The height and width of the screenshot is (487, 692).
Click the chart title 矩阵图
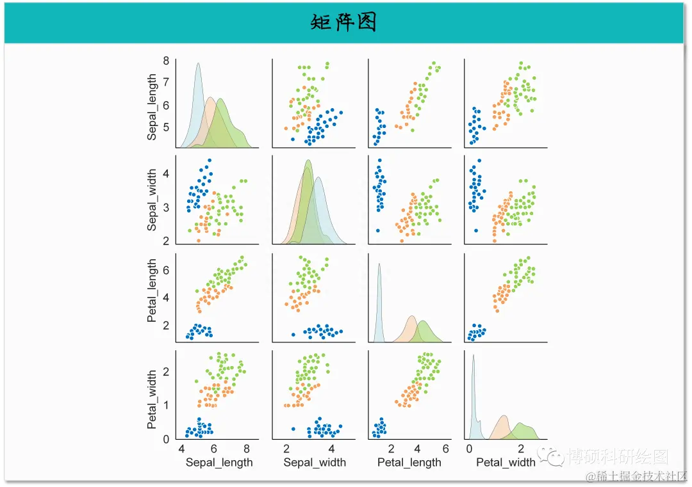click(343, 23)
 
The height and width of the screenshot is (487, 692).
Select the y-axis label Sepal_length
click(152, 107)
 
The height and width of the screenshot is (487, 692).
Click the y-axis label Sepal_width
click(152, 200)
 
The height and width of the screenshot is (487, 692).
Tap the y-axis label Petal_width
click(152, 399)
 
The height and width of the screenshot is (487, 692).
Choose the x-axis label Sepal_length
click(219, 462)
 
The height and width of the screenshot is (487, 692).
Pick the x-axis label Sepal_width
click(315, 462)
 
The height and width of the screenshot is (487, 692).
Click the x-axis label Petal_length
click(409, 462)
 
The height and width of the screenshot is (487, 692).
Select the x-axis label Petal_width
click(505, 462)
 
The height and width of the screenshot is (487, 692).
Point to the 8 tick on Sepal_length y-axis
click(165, 61)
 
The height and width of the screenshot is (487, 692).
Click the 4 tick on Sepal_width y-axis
click(165, 173)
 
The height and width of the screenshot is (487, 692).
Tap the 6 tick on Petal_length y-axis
click(165, 271)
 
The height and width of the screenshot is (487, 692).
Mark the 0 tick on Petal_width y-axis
click(165, 439)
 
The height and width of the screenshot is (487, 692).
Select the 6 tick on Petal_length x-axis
click(445, 448)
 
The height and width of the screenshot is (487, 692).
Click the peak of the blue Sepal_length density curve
click(198, 63)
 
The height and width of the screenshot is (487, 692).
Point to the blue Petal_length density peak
click(379, 264)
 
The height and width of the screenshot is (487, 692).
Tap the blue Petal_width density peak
click(474, 355)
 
